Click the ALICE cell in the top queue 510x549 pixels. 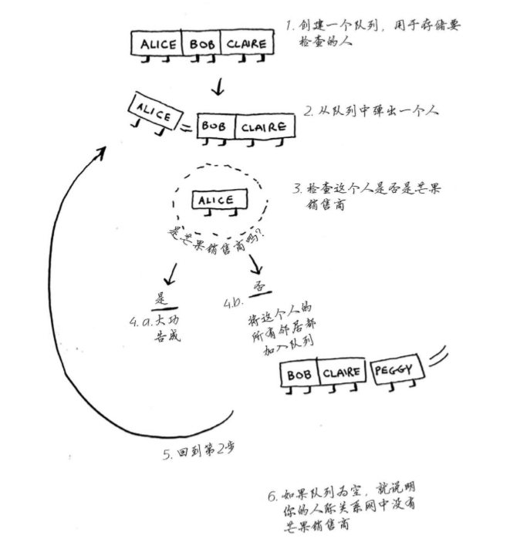pyautogui.click(x=157, y=45)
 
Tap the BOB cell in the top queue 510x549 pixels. pyautogui.click(x=201, y=45)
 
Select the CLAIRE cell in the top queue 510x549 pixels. pyautogui.click(x=245, y=45)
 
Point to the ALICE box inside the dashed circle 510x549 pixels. pyautogui.click(x=216, y=201)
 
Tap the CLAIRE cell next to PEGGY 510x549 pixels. pyautogui.click(x=342, y=373)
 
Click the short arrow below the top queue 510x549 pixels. pyautogui.click(x=218, y=86)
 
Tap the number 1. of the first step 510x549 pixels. pyautogui.click(x=289, y=25)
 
